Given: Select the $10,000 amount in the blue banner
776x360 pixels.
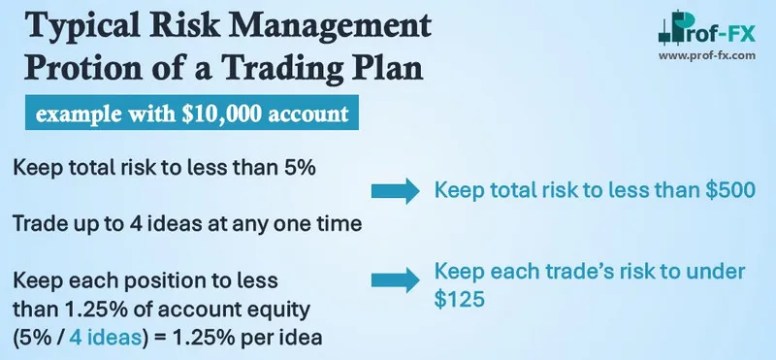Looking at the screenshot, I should pyautogui.click(x=233, y=115).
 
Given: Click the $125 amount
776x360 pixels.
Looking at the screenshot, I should pyautogui.click(x=458, y=302).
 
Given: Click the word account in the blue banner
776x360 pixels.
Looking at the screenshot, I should pyautogui.click(x=315, y=115).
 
